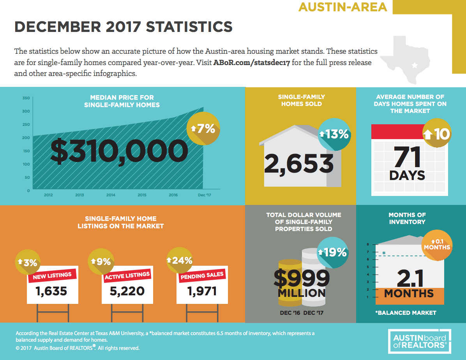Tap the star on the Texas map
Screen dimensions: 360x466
click(x=414, y=65)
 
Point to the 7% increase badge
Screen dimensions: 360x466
click(x=203, y=129)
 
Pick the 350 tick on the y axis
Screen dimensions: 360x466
click(x=26, y=98)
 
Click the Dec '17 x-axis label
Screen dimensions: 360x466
click(x=203, y=195)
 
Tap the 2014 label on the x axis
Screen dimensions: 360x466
click(x=111, y=195)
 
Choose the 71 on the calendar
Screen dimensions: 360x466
click(x=408, y=157)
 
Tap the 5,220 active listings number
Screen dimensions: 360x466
click(x=127, y=291)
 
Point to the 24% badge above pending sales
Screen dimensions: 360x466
click(x=180, y=261)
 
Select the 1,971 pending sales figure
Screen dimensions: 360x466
click(x=202, y=291)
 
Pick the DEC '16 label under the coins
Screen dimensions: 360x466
click(x=290, y=313)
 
